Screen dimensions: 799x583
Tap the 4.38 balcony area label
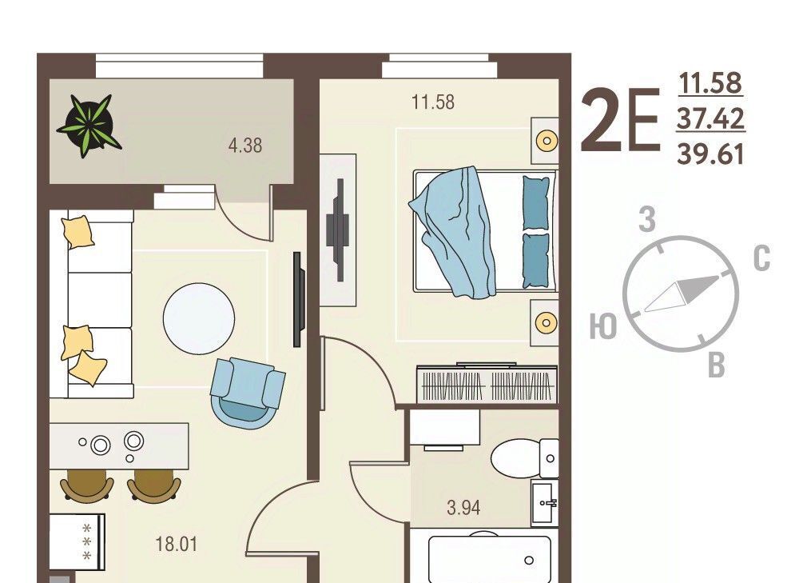245,146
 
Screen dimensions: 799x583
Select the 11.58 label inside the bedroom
432,102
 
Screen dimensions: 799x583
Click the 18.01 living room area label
177,544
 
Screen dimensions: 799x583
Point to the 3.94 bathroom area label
463,508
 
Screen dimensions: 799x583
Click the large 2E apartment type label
621,121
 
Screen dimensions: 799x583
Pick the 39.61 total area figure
711,154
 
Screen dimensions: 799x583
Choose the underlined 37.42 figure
711,118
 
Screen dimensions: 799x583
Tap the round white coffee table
199,319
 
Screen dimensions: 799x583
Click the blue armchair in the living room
248,392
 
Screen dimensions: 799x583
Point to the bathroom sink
545,503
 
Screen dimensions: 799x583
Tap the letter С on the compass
761,258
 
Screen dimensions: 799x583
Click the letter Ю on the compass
603,326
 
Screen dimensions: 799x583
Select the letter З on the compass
647,219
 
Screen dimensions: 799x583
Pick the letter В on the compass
717,365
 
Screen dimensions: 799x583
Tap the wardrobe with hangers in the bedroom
487,384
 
